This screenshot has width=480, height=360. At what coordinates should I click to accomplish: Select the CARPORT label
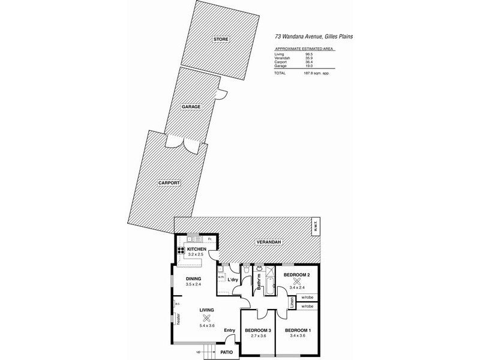(x=170, y=184)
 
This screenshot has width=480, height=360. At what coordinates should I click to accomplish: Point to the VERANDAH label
(x=269, y=242)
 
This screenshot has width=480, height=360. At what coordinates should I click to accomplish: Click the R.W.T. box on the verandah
(x=314, y=227)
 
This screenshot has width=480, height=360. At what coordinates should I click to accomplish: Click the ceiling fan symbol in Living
(x=207, y=319)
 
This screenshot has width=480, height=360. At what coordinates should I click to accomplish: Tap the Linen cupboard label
(x=292, y=305)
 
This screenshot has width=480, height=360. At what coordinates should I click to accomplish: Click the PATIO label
(x=226, y=353)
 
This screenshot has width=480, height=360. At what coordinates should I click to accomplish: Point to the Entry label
(x=229, y=330)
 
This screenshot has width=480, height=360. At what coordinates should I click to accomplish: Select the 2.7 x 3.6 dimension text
(x=257, y=336)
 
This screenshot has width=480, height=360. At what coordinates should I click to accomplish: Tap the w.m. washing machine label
(x=221, y=277)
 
